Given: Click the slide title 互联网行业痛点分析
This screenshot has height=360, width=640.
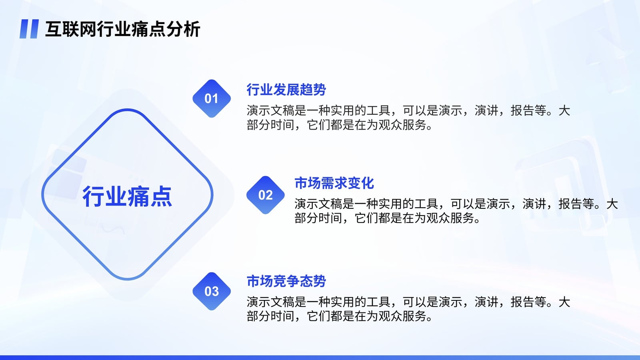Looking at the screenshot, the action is tap(122, 29).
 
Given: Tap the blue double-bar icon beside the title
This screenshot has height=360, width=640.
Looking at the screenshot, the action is tap(29, 29).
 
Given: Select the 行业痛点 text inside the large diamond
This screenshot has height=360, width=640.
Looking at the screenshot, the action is tap(127, 196).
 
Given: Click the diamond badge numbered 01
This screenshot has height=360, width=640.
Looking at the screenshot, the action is tap(212, 98).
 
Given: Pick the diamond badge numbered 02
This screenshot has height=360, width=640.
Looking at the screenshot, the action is tap(266, 195).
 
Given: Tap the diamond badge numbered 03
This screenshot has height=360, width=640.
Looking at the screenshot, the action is tap(212, 291).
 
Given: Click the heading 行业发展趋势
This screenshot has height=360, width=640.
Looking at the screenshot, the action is tap(286, 90).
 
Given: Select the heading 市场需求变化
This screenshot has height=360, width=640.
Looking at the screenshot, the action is tap(334, 183).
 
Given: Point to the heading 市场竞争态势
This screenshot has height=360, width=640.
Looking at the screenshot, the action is tap(286, 281).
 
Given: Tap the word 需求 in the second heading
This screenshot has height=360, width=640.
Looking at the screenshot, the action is tap(334, 183).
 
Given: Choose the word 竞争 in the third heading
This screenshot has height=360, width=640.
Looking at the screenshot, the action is tap(286, 281).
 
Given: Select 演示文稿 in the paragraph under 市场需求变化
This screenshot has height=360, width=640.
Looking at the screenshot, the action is tap(318, 204).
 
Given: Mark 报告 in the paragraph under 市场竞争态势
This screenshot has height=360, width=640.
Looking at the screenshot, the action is tap(522, 302).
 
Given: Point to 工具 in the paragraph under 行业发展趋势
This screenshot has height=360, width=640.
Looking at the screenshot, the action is tap(378, 110).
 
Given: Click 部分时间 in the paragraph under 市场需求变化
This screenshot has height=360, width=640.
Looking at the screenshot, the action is tap(318, 218).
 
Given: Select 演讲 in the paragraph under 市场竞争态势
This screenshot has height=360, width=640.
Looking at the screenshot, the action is tap(486, 302).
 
